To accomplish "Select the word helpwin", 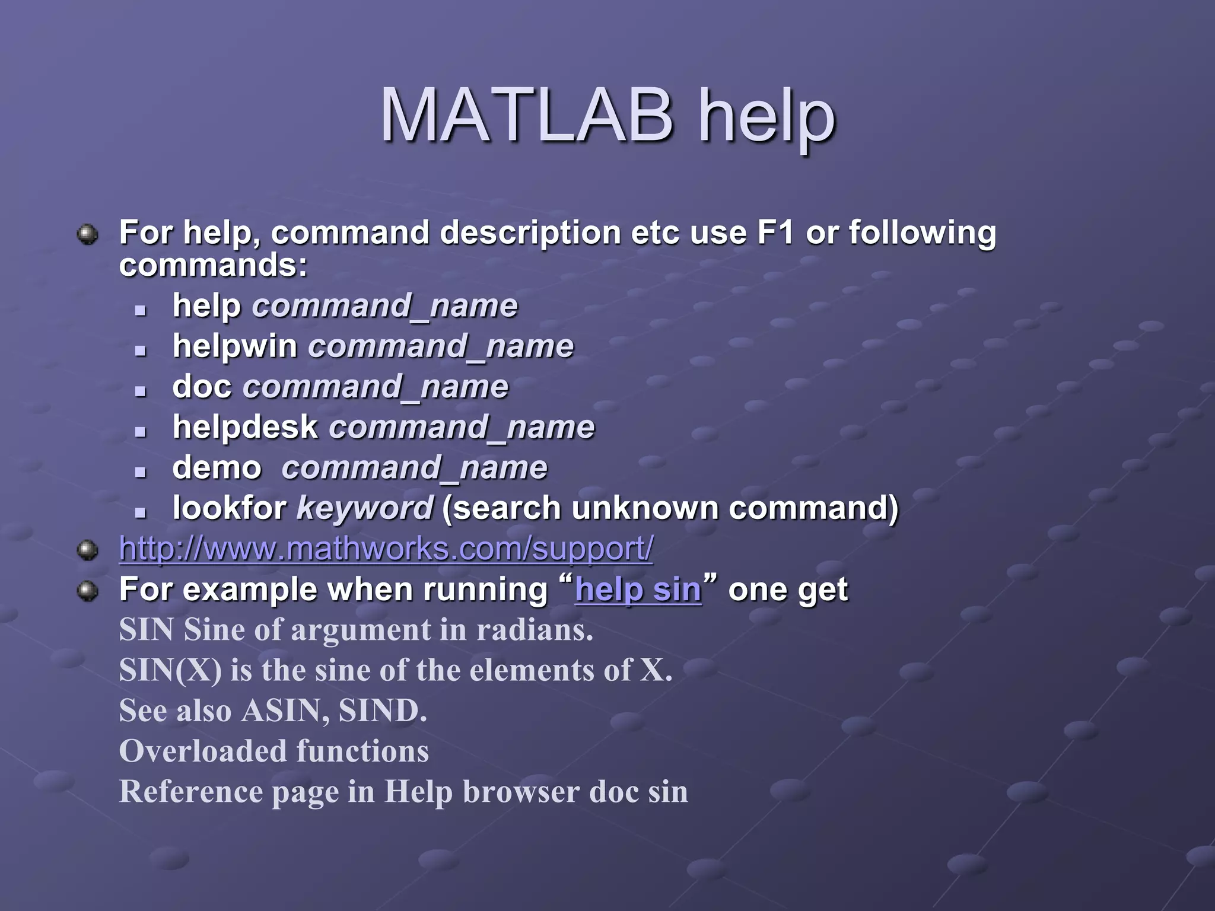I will [235, 346].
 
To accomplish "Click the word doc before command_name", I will [202, 387].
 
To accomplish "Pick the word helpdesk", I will [245, 427].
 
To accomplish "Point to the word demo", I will [217, 467].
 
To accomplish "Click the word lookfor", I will [230, 508].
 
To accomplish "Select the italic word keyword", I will [365, 508].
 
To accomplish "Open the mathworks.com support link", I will [386, 549].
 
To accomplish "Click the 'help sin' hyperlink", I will [638, 590].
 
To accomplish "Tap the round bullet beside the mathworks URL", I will [88, 550].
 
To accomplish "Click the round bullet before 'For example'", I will [88, 590].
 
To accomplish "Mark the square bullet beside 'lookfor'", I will [141, 511].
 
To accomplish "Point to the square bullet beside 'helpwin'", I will [141, 350].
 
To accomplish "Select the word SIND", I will [382, 711].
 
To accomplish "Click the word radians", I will [534, 630].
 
